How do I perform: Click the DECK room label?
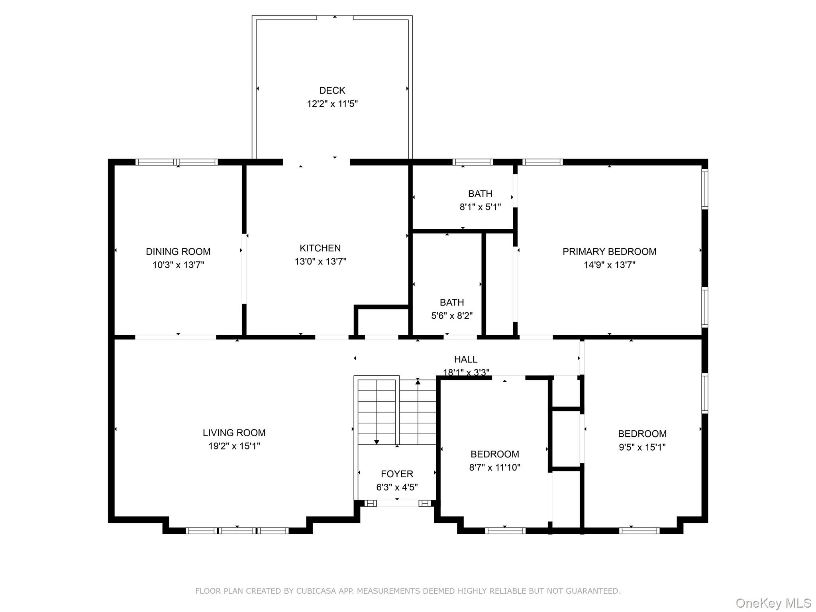pos(332,90)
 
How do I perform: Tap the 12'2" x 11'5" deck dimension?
pos(332,104)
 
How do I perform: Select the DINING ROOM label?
pos(178,251)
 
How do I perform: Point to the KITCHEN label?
pos(320,248)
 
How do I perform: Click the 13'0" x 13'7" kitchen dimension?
pos(320,262)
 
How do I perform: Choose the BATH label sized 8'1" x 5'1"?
pos(480,194)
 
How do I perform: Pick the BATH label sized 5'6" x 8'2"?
pos(451,302)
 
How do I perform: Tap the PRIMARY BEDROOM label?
pos(609,251)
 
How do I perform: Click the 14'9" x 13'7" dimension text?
pos(609,265)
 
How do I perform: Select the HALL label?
pos(465,359)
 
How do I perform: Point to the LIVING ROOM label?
pos(234,433)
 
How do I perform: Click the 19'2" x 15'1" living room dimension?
pos(234,446)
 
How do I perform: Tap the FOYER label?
pos(397,474)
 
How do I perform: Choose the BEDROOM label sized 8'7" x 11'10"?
pos(494,454)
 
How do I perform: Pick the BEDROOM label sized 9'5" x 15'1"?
pos(642,434)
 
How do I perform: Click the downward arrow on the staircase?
pos(377,441)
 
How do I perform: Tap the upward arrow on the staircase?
pos(418,382)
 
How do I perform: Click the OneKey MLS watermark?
pos(773,603)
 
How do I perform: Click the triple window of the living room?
pos(237,531)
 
